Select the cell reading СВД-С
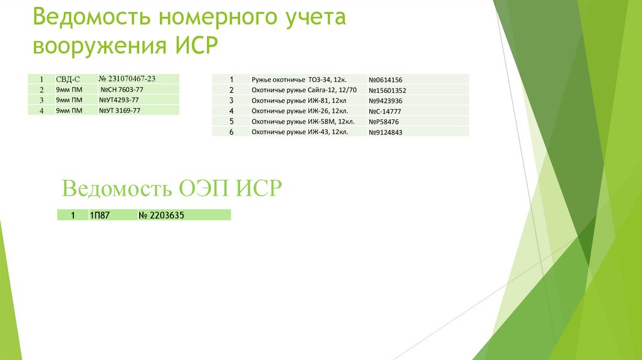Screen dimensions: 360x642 [x=67, y=79]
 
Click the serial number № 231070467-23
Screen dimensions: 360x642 [x=127, y=78]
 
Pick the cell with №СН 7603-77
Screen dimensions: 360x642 [x=122, y=90]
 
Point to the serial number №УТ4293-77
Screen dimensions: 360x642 [x=119, y=100]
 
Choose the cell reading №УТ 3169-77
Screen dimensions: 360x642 [x=120, y=110]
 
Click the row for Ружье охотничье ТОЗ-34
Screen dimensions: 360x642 [x=300, y=80]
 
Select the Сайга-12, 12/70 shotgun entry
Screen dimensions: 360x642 [x=303, y=90]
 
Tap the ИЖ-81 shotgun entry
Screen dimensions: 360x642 [x=299, y=100]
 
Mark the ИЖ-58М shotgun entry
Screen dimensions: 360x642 [x=301, y=121]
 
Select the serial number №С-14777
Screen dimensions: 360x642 [x=385, y=111]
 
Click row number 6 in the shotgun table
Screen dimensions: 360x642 [x=231, y=132]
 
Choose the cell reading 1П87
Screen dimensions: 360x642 [x=100, y=215]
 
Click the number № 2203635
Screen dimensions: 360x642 [x=162, y=215]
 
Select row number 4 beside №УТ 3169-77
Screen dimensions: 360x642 [x=41, y=111]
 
